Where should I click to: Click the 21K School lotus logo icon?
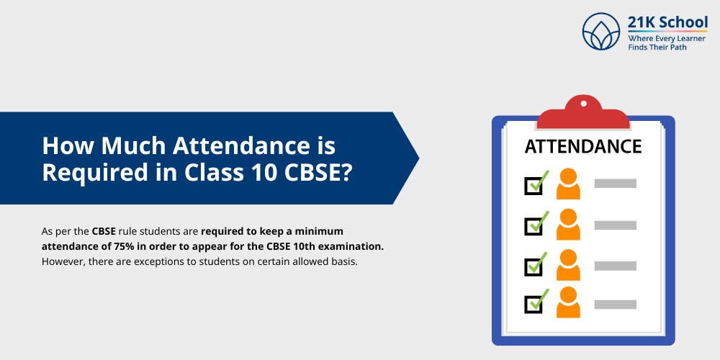coord(601,32)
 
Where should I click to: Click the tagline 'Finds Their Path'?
coord(657,48)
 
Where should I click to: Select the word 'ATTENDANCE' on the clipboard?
coord(583,147)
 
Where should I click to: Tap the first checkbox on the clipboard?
coord(534,185)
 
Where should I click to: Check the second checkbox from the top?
coord(534,225)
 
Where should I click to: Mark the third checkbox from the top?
coord(534,264)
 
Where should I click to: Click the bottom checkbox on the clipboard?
coord(534,303)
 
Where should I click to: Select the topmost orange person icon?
coord(568,184)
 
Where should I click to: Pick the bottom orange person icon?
coord(568,302)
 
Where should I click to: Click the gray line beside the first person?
coord(615,184)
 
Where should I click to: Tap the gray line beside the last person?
coord(615,303)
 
